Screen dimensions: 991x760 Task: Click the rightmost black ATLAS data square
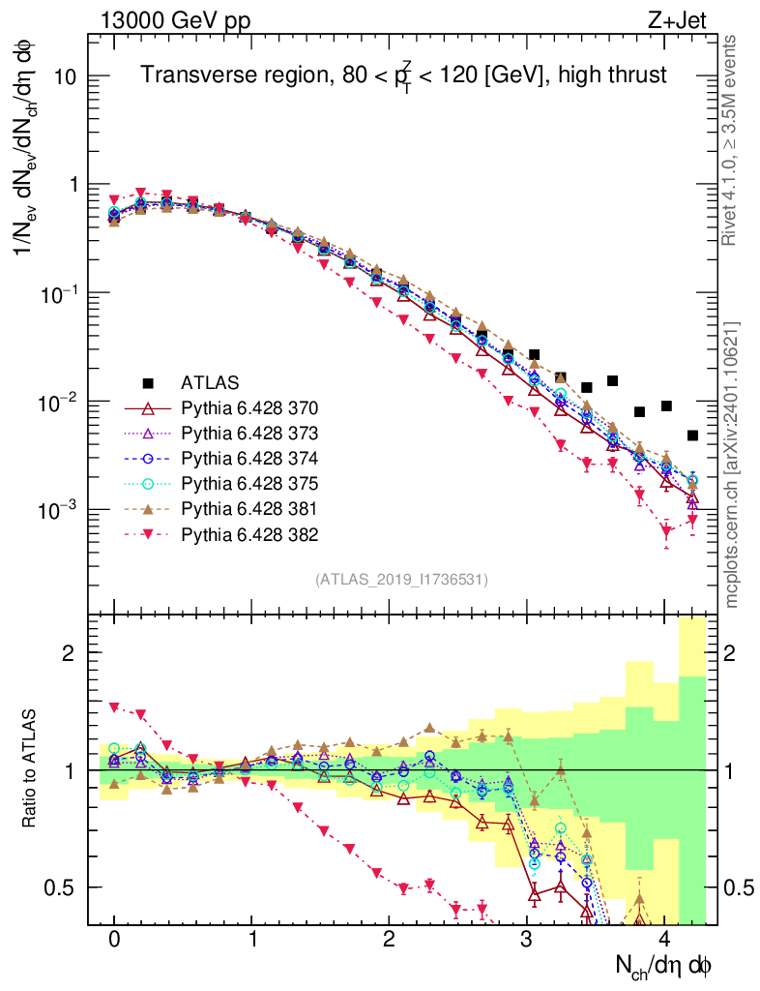tap(692, 435)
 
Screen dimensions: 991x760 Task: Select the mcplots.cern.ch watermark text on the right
tap(733, 465)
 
